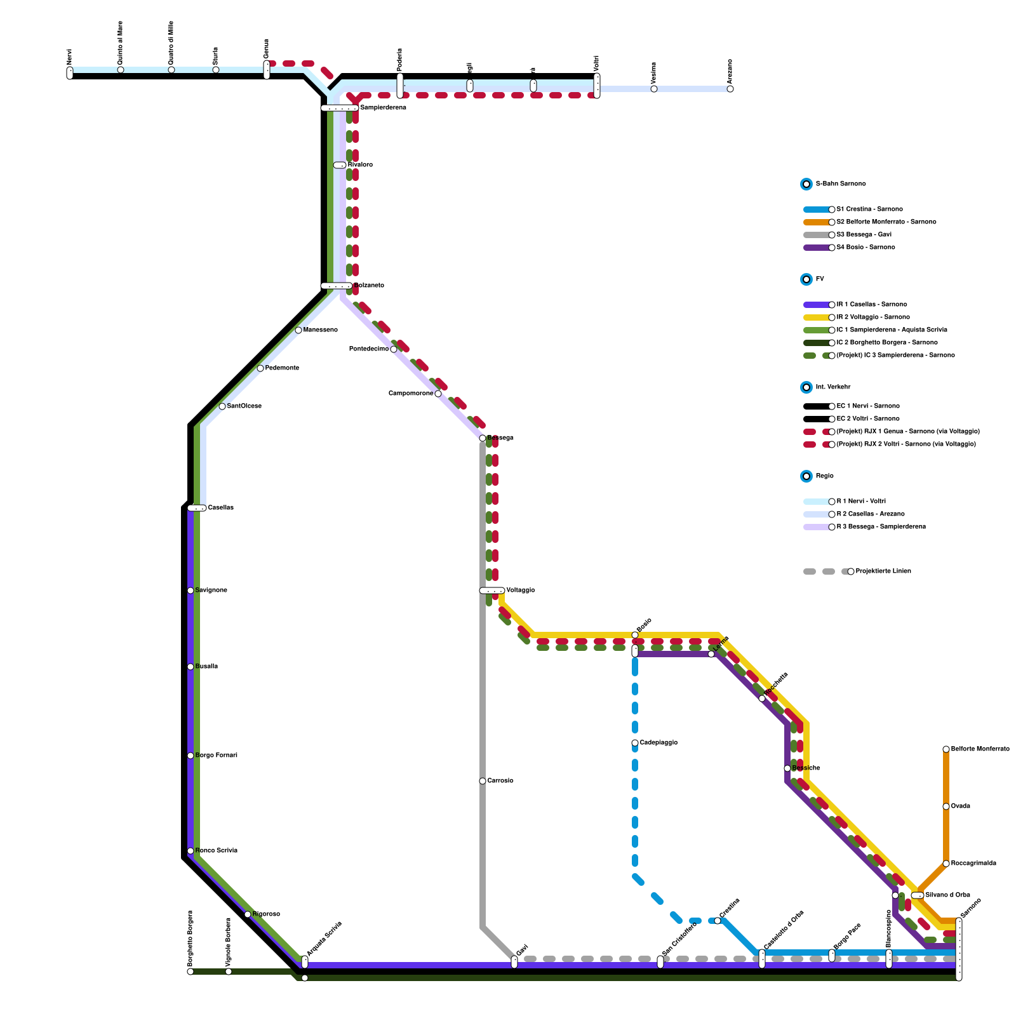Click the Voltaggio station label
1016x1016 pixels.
click(521, 591)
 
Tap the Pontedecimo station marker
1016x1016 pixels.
click(394, 349)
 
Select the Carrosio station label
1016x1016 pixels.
click(500, 781)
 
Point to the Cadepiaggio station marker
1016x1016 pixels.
click(635, 743)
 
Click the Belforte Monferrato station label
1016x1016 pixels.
click(980, 749)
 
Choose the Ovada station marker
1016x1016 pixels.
click(946, 806)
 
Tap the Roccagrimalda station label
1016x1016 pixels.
click(973, 864)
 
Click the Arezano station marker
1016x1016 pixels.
click(730, 89)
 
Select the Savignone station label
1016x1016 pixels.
click(211, 591)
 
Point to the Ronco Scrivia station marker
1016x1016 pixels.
click(190, 851)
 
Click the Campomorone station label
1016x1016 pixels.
click(411, 394)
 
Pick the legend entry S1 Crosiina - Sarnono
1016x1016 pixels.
click(869, 210)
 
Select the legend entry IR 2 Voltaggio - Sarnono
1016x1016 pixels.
click(873, 317)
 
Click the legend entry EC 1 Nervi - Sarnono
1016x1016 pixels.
click(868, 406)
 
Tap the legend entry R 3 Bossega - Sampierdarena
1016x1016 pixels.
click(881, 527)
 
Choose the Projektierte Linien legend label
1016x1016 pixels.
click(883, 571)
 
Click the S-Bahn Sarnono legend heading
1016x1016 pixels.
click(840, 184)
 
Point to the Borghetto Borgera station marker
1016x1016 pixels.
click(190, 972)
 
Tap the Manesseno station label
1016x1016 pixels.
click(321, 330)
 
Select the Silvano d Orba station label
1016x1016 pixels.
click(947, 895)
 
